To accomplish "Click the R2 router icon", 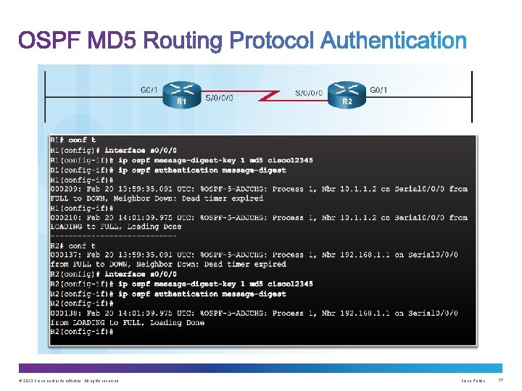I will [x=347, y=93].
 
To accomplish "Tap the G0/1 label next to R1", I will [x=150, y=90].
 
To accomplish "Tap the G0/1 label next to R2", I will [x=378, y=90].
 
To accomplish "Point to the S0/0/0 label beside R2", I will [x=310, y=93].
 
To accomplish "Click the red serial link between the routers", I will [x=265, y=94].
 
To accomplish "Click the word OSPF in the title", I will [x=49, y=41].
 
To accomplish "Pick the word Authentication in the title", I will [x=393, y=41].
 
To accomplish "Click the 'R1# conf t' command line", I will [x=72, y=140].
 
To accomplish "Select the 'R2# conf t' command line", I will [x=72, y=246].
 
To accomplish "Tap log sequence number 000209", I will [x=65, y=189].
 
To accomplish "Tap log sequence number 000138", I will [x=65, y=314].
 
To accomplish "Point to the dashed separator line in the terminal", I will [x=113, y=236].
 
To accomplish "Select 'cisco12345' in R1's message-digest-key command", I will [x=289, y=160].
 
